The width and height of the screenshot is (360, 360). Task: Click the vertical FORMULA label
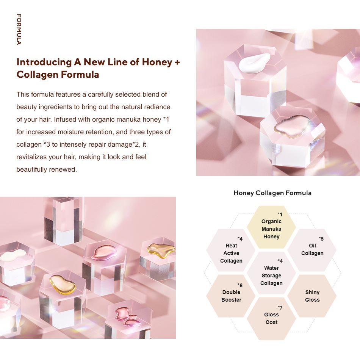pos(19,29)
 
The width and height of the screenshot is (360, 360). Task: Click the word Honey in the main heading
pos(157,63)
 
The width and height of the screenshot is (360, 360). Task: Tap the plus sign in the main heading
pos(177,62)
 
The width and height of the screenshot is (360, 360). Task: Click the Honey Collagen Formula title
pos(272,193)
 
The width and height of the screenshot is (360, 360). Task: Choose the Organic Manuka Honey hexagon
pos(271,227)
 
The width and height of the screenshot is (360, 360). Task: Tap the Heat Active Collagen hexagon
pos(231,250)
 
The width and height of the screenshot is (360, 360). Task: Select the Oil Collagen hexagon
pos(312,250)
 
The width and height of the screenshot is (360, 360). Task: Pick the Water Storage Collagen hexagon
pos(271,273)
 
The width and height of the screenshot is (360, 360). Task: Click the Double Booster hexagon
pos(231,296)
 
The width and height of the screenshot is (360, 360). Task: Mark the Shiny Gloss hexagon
pos(312,296)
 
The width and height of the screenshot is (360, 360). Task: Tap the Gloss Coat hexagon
pos(271,319)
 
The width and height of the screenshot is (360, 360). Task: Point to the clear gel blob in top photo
pos(291,127)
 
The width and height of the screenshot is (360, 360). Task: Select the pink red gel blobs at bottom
pos(127,317)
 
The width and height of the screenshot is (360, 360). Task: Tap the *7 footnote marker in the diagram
pos(280,308)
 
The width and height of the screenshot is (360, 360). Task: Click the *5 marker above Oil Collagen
pos(321,239)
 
